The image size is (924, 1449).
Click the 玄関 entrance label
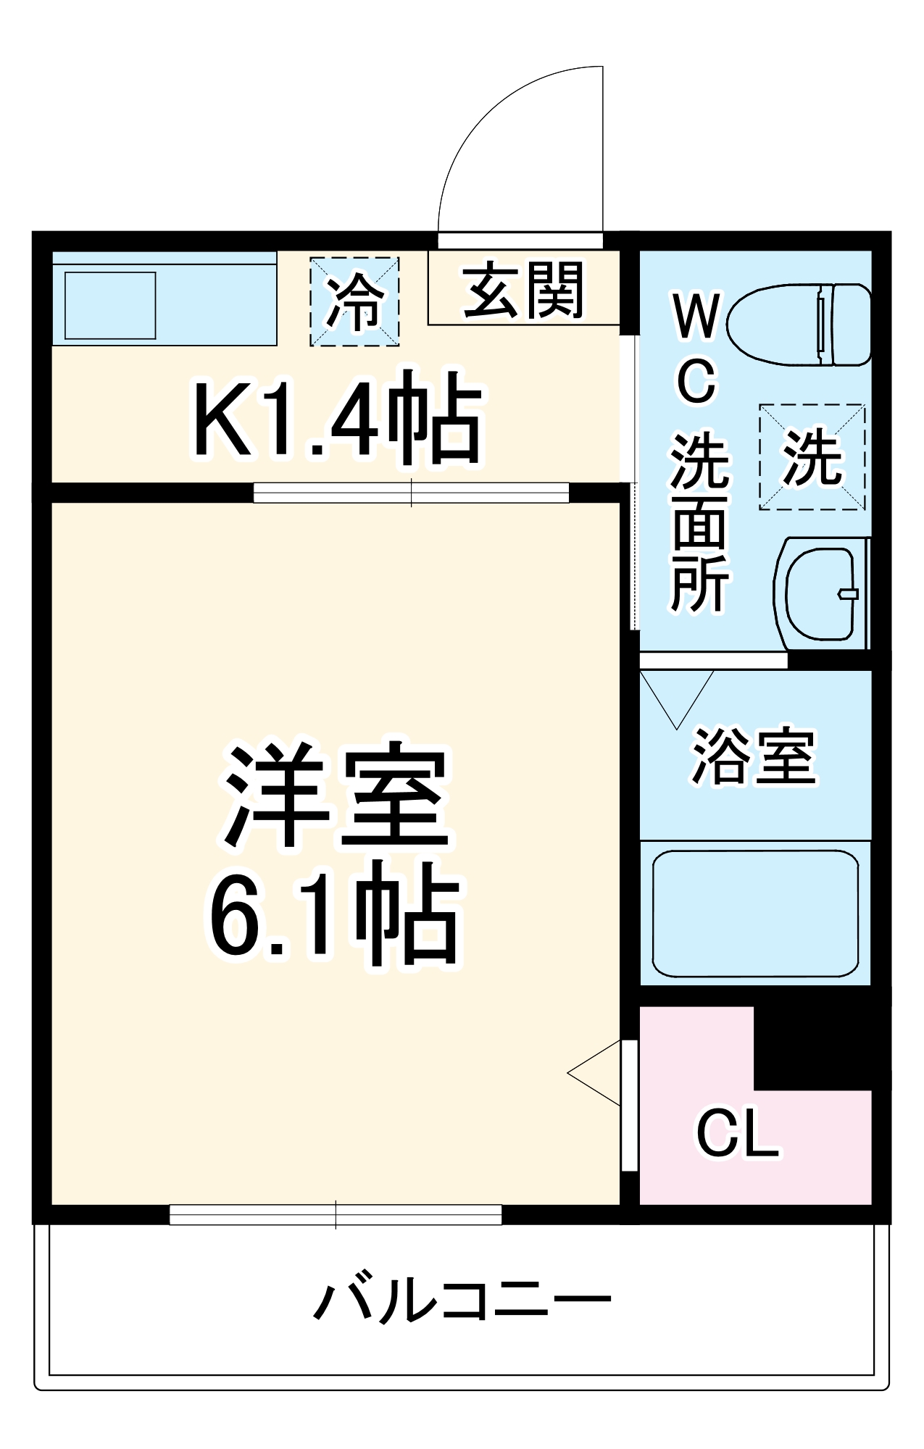click(523, 291)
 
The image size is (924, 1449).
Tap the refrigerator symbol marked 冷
click(354, 301)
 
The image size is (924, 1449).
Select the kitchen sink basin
click(110, 305)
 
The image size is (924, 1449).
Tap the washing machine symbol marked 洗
click(812, 457)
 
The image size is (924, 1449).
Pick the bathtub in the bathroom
click(755, 914)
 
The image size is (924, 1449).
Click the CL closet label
click(737, 1134)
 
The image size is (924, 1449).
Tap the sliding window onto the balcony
click(336, 1215)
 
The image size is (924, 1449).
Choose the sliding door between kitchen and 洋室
click(411, 493)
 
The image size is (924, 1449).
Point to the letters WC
click(696, 348)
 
